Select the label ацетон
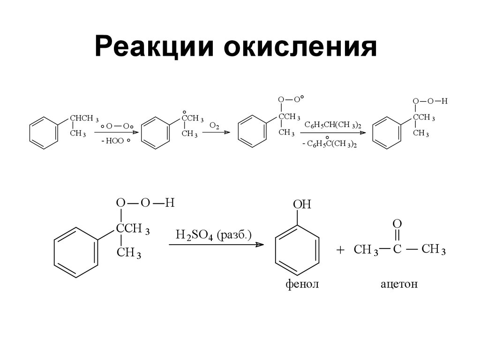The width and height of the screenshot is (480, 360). tap(398, 285)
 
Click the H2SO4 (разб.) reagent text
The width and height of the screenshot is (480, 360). tap(213, 235)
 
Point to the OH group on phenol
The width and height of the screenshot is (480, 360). tap(302, 205)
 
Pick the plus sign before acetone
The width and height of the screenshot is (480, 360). tap(340, 251)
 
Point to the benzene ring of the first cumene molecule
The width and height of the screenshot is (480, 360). tap(44, 133)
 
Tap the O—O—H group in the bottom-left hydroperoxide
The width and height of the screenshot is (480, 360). tap(145, 203)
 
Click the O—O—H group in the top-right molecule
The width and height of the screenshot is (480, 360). tap(430, 101)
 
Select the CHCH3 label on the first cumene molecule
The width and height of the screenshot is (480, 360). tap(84, 118)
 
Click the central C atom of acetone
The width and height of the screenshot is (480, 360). tap(397, 249)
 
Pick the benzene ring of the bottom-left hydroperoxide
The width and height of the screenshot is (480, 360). tap(76, 253)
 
